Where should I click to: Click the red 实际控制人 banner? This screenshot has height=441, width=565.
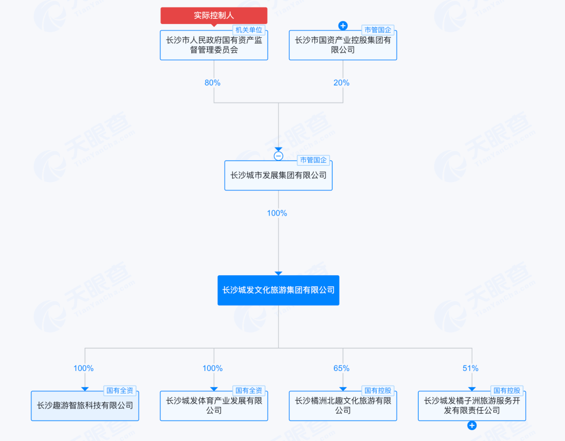213,16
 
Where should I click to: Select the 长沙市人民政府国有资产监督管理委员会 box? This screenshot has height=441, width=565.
213,45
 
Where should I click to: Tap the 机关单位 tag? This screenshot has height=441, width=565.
248,30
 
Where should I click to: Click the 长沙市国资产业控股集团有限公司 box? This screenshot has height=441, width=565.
343,45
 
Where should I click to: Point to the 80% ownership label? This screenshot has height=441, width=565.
212,83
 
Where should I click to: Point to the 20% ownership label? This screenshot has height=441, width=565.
341,83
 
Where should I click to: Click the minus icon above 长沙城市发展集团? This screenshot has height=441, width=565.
278,156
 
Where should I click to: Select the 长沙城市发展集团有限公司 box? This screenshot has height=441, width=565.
278,175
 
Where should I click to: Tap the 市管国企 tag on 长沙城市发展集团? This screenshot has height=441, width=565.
313,160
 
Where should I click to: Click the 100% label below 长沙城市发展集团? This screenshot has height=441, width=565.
277,213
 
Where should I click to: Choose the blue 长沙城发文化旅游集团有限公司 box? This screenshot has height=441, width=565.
278,290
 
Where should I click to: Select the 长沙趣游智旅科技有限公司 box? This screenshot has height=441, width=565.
85,406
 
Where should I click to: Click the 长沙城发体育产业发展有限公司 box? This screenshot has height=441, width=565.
213,406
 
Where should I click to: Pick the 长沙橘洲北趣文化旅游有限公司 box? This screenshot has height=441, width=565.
343,406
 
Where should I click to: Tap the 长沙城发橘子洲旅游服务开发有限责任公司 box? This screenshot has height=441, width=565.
472,406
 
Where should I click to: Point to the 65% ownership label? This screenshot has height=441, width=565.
341,368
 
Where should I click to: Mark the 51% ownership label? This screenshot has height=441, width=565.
470,368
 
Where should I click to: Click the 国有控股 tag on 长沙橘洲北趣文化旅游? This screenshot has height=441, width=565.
378,391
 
